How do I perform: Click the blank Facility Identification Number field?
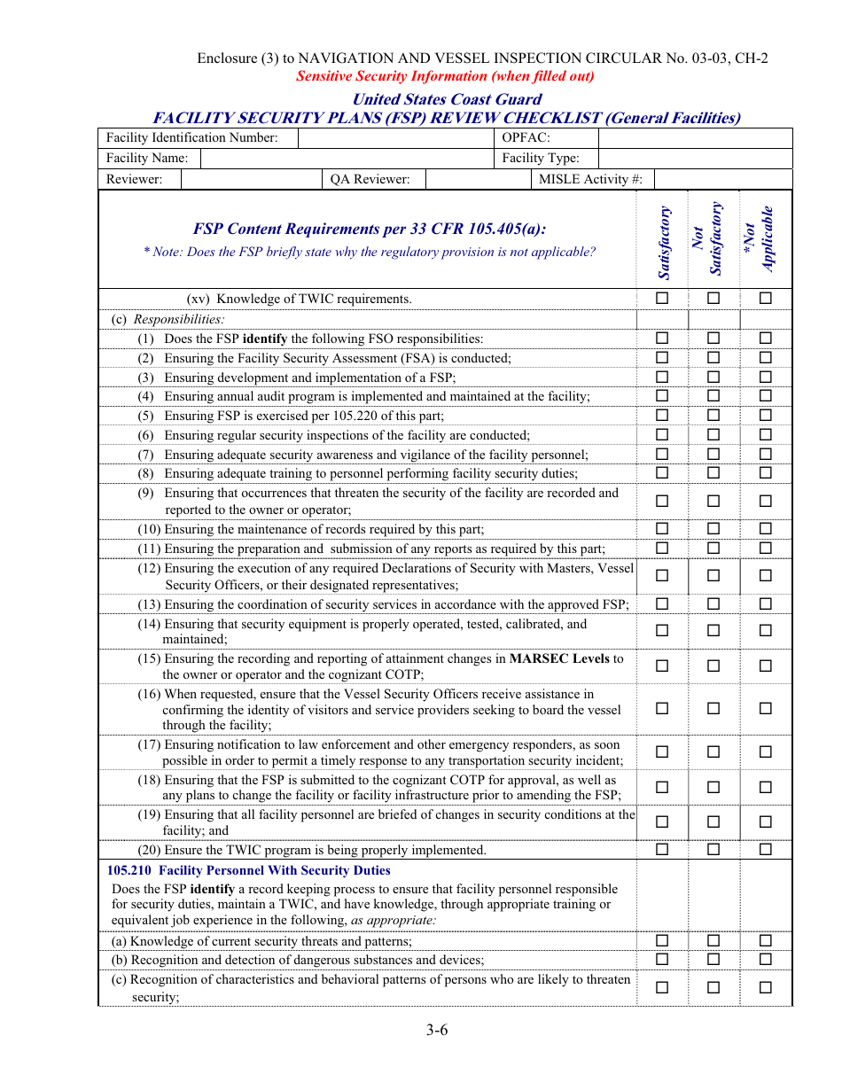tap(396, 137)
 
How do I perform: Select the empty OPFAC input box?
tap(695, 137)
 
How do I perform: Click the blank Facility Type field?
tap(695, 158)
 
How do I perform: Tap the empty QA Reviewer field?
tap(477, 179)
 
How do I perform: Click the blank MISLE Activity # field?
tap(722, 179)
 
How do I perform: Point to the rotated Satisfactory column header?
tap(663, 240)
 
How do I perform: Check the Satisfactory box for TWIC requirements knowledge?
tap(662, 299)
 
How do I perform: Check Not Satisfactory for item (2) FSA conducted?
tap(713, 358)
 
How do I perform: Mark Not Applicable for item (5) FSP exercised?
tap(766, 416)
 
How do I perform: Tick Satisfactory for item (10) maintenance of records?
tap(662, 529)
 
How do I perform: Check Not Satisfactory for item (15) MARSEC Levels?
tap(713, 666)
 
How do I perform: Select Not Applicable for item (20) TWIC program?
tap(766, 850)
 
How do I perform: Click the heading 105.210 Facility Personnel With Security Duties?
tap(249, 870)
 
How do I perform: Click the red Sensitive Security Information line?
tap(445, 76)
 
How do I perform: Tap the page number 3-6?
tap(436, 1030)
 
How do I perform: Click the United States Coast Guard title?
tap(447, 99)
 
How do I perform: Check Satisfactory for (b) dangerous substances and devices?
tap(662, 960)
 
